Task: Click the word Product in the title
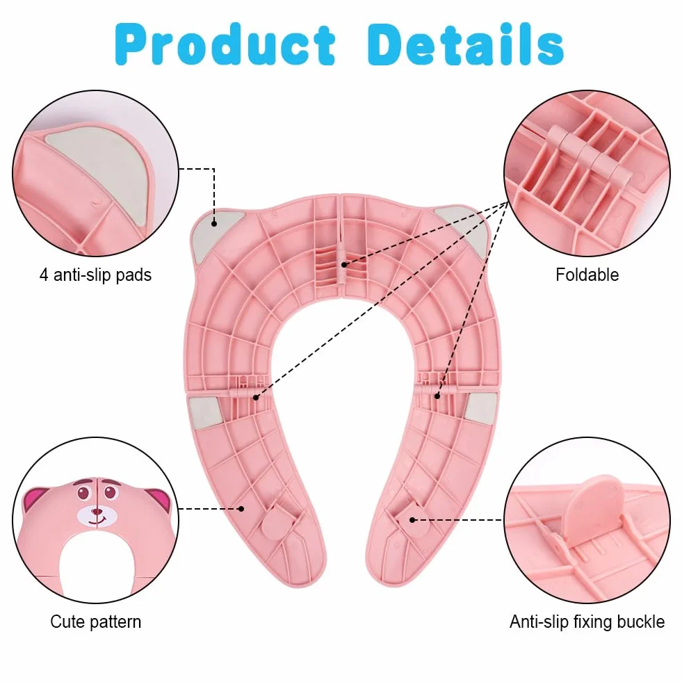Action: point(225,45)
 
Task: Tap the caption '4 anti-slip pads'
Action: point(96,275)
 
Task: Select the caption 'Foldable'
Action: point(587,275)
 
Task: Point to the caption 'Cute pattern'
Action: point(96,622)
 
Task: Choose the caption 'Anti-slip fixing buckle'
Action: point(587,622)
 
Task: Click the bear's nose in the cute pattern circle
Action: point(97,512)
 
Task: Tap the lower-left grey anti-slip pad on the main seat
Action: point(205,412)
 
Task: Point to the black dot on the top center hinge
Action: point(343,264)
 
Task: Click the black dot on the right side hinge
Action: point(437,396)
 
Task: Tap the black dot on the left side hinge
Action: point(256,397)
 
